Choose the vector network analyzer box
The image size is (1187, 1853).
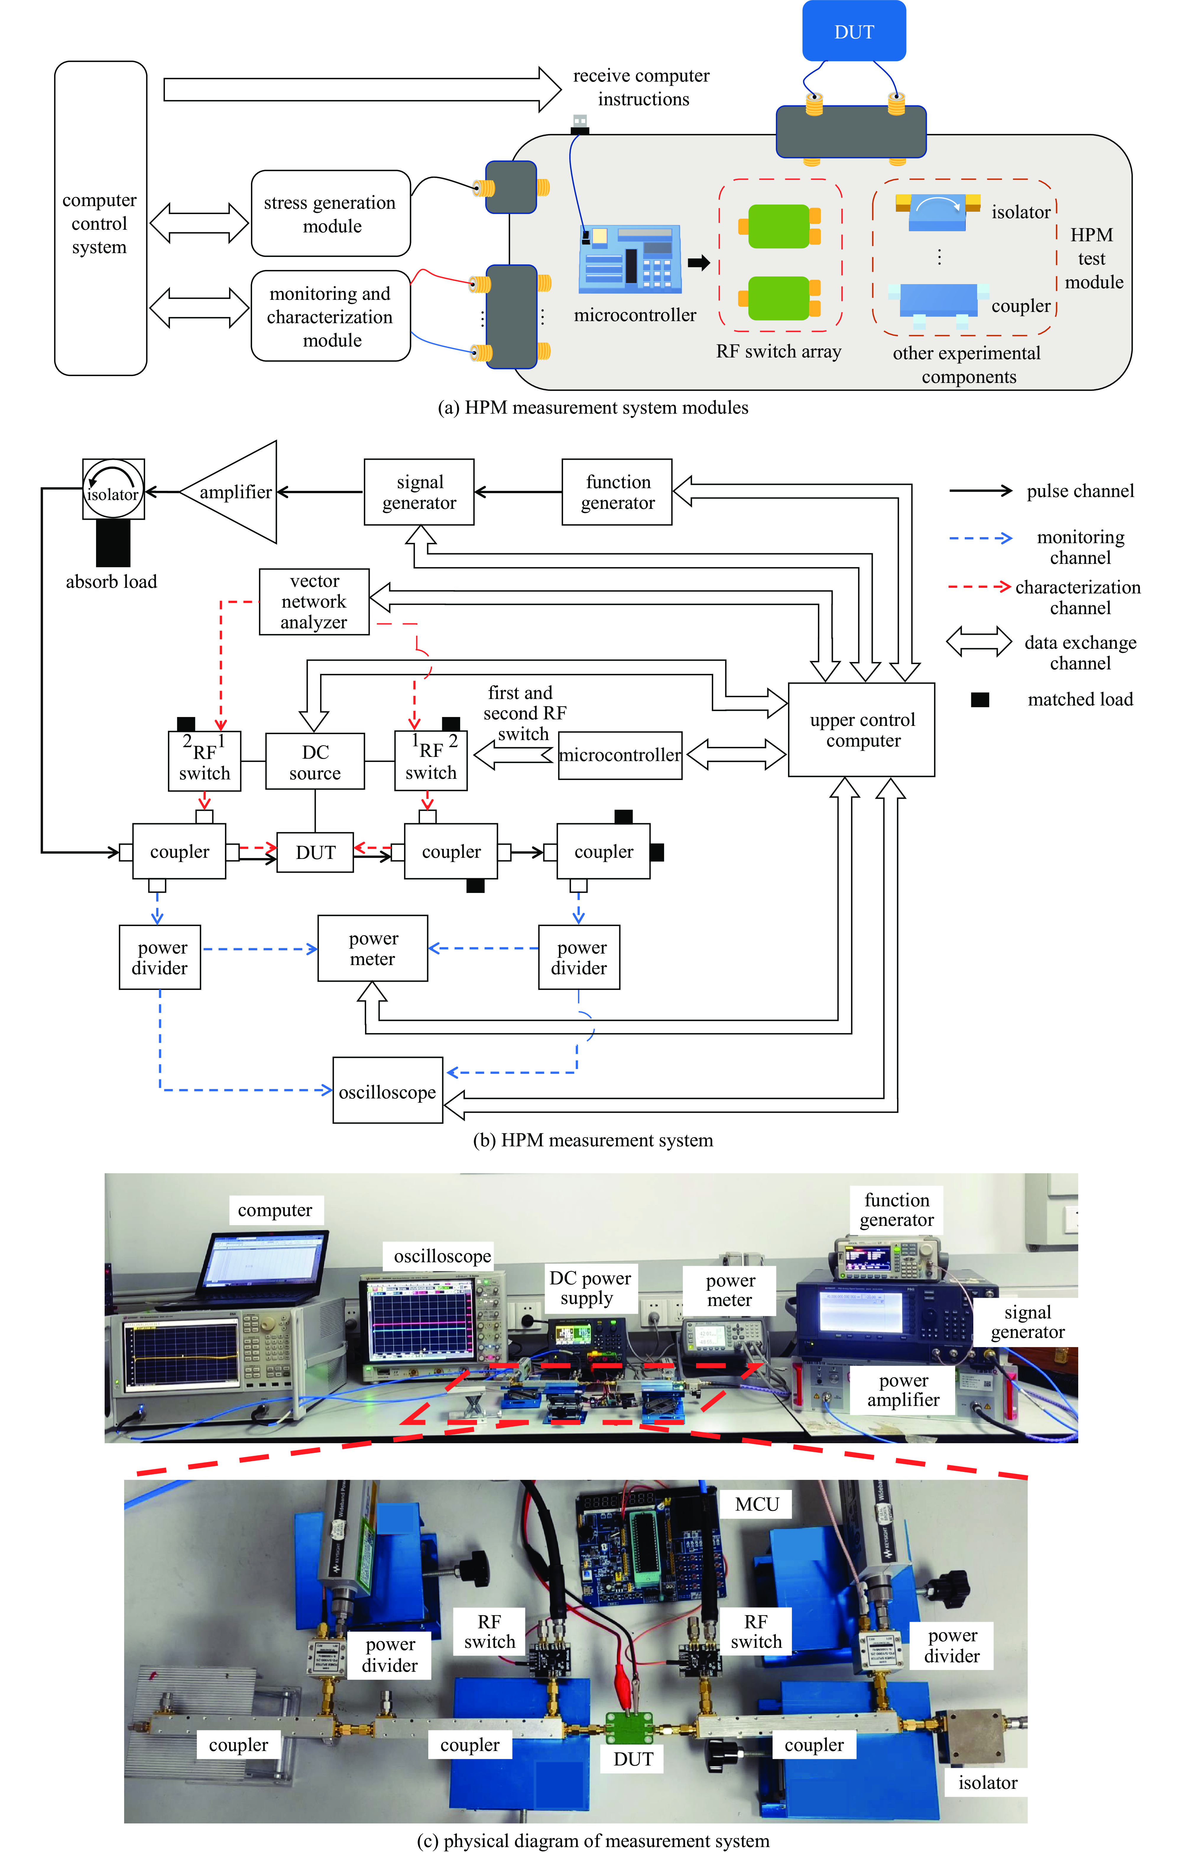click(314, 601)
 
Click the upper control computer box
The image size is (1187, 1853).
click(862, 729)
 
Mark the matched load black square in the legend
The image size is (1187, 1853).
click(980, 699)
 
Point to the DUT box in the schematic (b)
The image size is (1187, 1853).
click(315, 852)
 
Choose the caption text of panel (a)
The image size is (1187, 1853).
click(593, 408)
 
